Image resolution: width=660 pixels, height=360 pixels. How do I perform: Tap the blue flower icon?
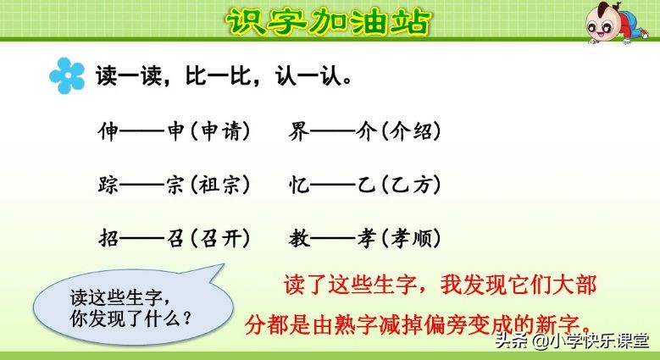(x=67, y=76)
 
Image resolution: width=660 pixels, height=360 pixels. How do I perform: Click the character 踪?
(x=109, y=184)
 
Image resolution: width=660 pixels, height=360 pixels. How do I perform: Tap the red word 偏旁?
(x=441, y=324)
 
